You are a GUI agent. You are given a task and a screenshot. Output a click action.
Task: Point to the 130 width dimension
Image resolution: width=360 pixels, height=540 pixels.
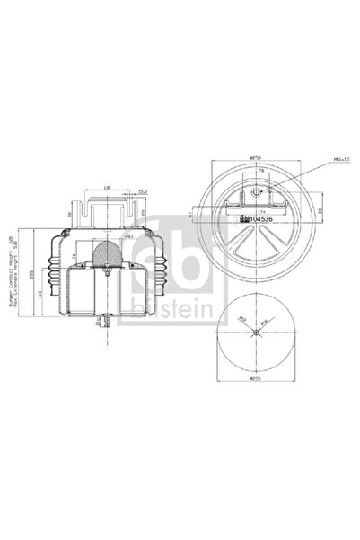tap(104, 188)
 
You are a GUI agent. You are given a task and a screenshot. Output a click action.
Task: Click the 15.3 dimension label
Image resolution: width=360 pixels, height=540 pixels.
tap(142, 190)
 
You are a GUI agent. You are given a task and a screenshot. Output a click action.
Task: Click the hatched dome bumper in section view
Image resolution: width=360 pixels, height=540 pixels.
tap(105, 254)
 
